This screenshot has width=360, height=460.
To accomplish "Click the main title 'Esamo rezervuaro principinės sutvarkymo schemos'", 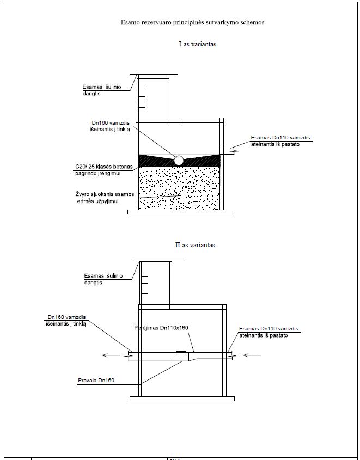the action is pyautogui.click(x=192, y=22).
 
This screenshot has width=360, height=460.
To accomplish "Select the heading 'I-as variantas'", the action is pyautogui.click(x=198, y=44).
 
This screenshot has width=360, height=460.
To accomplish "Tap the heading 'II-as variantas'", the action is pyautogui.click(x=195, y=244).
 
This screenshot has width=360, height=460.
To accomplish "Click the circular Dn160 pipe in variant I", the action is pyautogui.click(x=179, y=161).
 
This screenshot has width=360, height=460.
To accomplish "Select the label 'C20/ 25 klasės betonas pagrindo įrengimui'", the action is pyautogui.click(x=104, y=170).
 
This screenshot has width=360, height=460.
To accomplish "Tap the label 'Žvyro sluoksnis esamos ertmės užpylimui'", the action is pyautogui.click(x=105, y=198).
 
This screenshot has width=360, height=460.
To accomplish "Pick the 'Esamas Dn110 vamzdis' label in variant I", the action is pyautogui.click(x=280, y=141).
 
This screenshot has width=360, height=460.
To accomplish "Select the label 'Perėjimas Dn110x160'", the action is pyautogui.click(x=161, y=328).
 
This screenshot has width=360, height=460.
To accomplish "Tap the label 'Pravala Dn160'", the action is pyautogui.click(x=96, y=381).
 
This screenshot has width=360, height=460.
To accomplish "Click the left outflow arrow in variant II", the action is pyautogui.click(x=111, y=355).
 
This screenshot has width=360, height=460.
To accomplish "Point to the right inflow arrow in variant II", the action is pyautogui.click(x=252, y=355).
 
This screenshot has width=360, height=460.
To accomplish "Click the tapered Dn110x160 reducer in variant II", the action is pyautogui.click(x=192, y=357).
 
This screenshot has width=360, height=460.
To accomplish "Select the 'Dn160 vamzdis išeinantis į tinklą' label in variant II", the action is pyautogui.click(x=66, y=320).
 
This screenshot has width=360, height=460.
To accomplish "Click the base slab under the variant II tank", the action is pyautogui.click(x=182, y=398).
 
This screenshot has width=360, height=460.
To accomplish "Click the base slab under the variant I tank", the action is pyautogui.click(x=180, y=212).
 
